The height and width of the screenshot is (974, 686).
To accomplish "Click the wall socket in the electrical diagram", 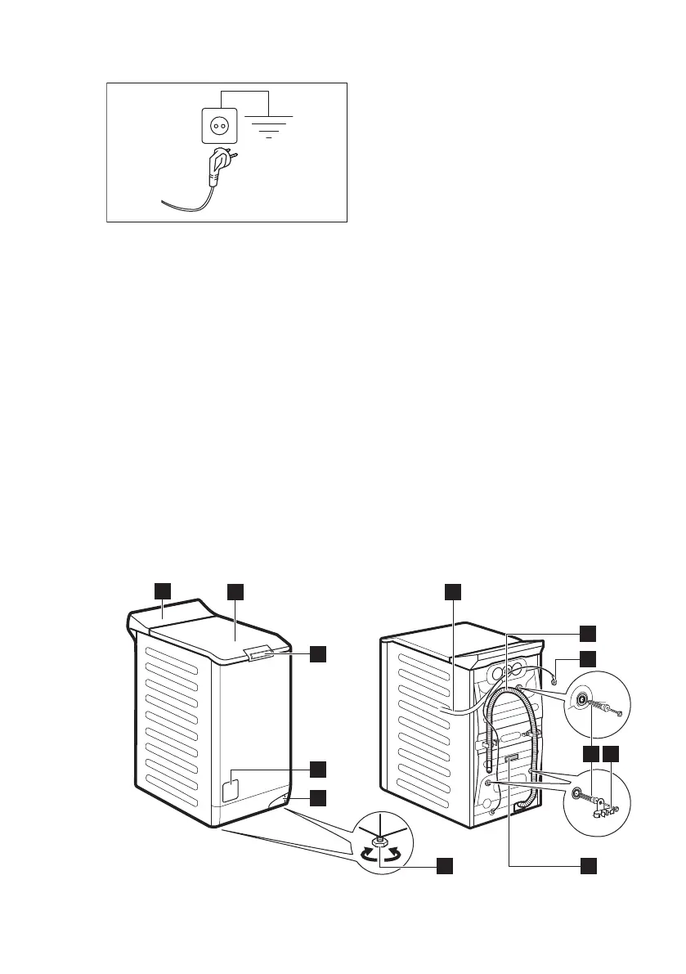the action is (x=219, y=128).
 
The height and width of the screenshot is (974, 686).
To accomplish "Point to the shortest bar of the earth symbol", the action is (x=270, y=138).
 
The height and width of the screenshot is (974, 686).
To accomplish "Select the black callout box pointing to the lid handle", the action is (x=320, y=653).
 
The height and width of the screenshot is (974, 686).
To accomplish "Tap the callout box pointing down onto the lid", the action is (x=235, y=590).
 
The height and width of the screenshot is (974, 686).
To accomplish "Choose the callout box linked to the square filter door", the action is (x=320, y=768).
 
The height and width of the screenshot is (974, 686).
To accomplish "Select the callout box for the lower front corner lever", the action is (x=320, y=796).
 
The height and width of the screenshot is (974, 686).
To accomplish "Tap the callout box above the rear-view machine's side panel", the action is (x=453, y=590).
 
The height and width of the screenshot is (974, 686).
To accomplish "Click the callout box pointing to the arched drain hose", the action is (x=588, y=631).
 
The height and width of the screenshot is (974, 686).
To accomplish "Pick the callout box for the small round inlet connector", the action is (x=588, y=658).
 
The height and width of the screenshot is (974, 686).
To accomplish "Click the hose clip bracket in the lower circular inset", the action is (x=604, y=810).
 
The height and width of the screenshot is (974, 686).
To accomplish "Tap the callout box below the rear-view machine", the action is (x=588, y=864).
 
